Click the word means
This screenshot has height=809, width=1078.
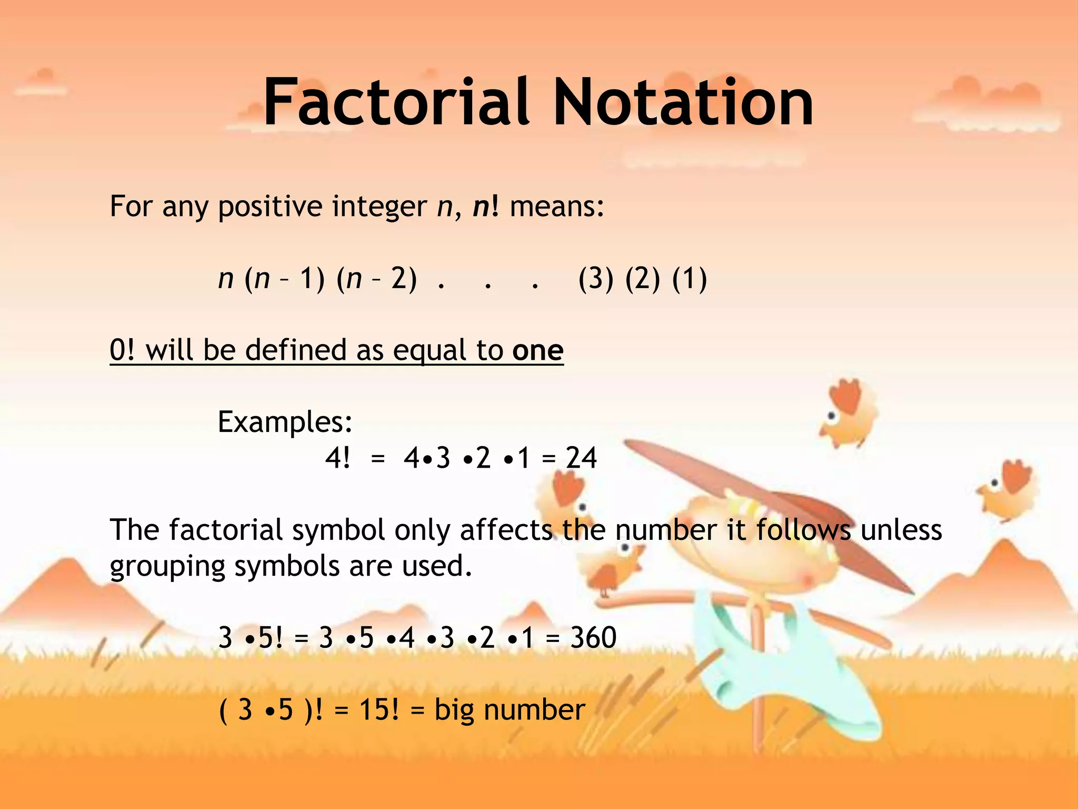pyautogui.click(x=556, y=206)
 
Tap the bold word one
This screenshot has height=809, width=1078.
pyautogui.click(x=537, y=350)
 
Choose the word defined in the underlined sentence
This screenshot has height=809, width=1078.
pyautogui.click(x=295, y=350)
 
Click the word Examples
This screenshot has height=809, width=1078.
pyautogui.click(x=285, y=422)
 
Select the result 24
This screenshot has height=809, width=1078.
pyautogui.click(x=581, y=458)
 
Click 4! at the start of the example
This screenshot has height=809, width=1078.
pyautogui.click(x=337, y=458)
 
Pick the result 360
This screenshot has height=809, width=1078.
pyautogui.click(x=593, y=638)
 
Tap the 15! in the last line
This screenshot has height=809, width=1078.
pyautogui.click(x=379, y=709)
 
